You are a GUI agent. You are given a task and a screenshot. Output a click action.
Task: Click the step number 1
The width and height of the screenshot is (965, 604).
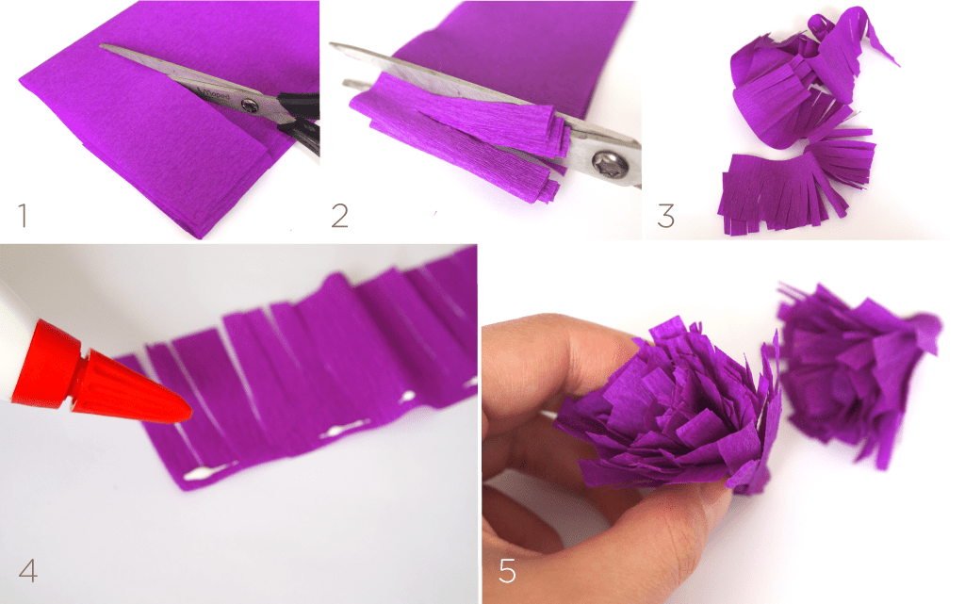click(x=23, y=216)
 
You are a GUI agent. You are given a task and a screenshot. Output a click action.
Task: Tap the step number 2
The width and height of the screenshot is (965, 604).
click(x=340, y=216)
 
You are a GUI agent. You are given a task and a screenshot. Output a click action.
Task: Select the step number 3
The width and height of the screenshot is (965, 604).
click(x=666, y=216)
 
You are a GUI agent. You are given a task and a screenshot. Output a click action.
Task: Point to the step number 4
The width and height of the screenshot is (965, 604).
click(x=27, y=571)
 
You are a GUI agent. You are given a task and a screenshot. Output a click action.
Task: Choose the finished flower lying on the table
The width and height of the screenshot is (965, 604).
click(x=853, y=367)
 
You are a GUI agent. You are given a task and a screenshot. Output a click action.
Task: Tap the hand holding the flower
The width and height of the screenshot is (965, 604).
click(x=565, y=471)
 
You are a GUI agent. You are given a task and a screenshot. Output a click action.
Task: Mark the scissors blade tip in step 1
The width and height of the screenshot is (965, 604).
click(x=104, y=47)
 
